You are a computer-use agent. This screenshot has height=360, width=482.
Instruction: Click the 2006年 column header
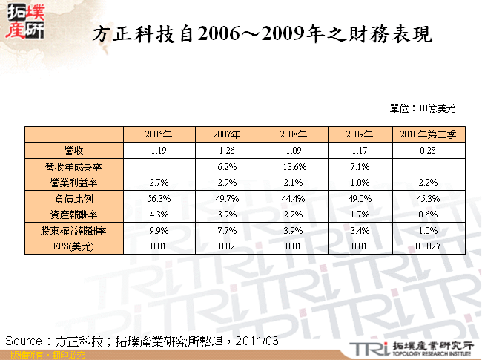159,134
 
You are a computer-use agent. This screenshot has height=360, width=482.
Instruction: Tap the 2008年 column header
293,134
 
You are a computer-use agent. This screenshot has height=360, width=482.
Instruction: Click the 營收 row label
74,151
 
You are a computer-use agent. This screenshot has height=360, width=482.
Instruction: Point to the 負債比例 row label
74,198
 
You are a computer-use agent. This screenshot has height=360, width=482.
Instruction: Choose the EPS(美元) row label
74,246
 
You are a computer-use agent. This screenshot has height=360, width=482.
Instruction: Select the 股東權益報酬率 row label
74,230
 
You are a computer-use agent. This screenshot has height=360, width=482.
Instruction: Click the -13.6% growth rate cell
293,167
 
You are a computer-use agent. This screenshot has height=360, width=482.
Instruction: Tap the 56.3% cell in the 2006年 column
159,198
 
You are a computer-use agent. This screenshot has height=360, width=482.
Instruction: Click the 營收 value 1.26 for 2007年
225,151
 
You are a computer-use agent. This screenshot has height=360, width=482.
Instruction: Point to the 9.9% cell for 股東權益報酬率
159,230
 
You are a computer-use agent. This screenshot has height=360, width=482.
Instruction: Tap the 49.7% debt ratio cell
225,198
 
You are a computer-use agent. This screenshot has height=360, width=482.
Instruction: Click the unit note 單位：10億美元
422,108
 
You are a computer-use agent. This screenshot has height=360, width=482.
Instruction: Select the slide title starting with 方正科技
264,36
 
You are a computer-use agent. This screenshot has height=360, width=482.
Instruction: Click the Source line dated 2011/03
142,340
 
